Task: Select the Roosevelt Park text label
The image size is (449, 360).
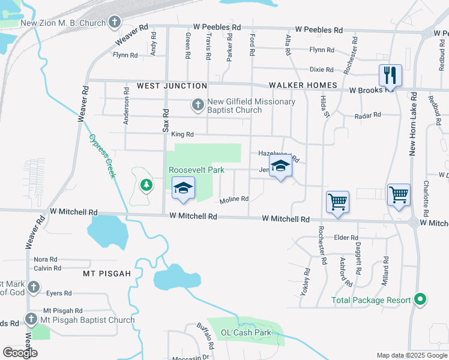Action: [196, 170]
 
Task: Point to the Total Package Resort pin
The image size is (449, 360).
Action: [421, 299]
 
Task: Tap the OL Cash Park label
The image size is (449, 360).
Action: [246, 332]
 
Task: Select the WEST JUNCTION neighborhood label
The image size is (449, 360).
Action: [172, 86]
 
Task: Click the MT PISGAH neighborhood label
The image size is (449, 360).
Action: [107, 274]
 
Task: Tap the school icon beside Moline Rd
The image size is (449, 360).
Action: [183, 188]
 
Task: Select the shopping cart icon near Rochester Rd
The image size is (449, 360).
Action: [337, 202]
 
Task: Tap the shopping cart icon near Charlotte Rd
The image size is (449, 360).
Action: [399, 194]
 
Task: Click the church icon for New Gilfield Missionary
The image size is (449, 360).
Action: [197, 106]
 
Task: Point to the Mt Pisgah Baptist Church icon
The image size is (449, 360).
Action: [31, 319]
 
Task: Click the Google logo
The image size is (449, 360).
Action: [20, 353]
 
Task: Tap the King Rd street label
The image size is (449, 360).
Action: [182, 135]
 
